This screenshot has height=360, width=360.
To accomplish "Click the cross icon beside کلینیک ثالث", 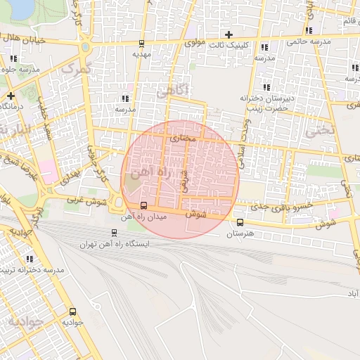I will (x=229, y=34).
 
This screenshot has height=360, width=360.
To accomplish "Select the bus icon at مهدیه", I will (x=141, y=43).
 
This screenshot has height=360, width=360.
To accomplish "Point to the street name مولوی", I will (x=195, y=43).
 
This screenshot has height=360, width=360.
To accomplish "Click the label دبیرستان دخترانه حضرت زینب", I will (x=265, y=103).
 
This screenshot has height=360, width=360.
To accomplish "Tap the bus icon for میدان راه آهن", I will (x=144, y=206).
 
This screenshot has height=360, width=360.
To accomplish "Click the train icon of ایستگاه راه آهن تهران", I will (x=114, y=233).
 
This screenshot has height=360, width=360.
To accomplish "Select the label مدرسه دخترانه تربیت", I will (x=34, y=270).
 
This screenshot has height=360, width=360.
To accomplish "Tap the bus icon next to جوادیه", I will (x=72, y=311).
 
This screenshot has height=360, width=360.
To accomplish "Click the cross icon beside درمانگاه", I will (x=11, y=95).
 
